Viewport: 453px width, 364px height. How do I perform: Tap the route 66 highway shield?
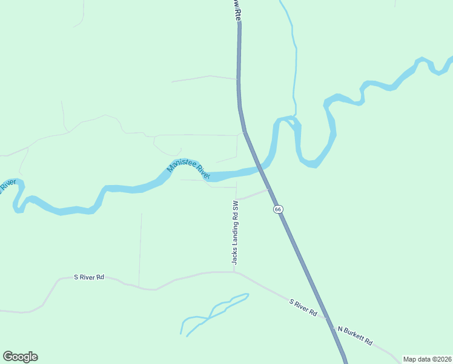[x=277, y=209]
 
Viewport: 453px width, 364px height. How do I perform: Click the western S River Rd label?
[x=89, y=277]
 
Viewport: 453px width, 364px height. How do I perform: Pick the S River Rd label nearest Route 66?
[x=303, y=308]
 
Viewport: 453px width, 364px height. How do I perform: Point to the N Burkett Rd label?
[x=355, y=334]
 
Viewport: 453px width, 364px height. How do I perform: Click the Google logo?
[x=20, y=357]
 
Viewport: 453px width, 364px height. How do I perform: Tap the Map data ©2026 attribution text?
[x=428, y=359]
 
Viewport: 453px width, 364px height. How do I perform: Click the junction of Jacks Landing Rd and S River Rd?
[x=235, y=272]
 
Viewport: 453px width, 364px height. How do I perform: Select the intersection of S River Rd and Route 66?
[x=327, y=318]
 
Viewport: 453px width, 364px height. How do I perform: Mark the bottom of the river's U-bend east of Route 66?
[x=309, y=164]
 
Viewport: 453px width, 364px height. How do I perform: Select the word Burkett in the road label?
[x=360, y=337]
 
